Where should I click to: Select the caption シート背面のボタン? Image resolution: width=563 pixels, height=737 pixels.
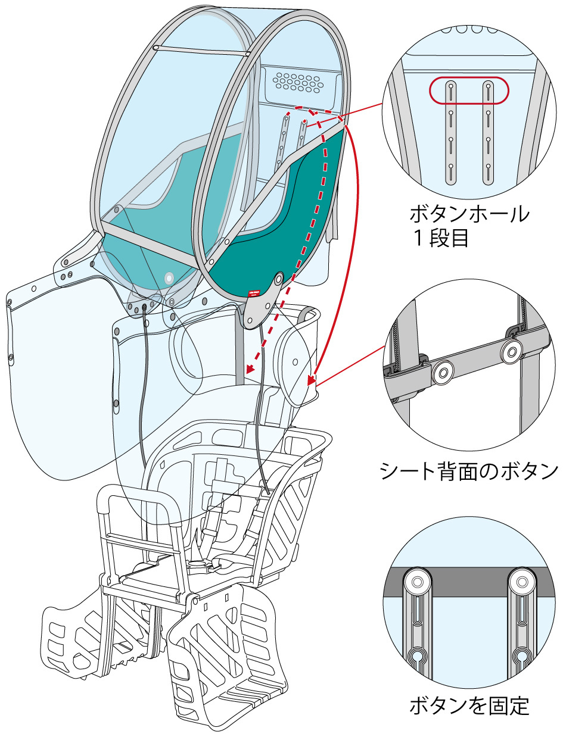point(469,471)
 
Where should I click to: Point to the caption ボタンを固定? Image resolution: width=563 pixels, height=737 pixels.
point(469,706)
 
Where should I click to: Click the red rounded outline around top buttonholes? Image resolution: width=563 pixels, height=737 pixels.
point(469,90)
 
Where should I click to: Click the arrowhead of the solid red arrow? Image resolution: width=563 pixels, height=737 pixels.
point(310,380)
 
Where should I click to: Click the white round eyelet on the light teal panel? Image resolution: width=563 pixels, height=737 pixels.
point(169,277)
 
